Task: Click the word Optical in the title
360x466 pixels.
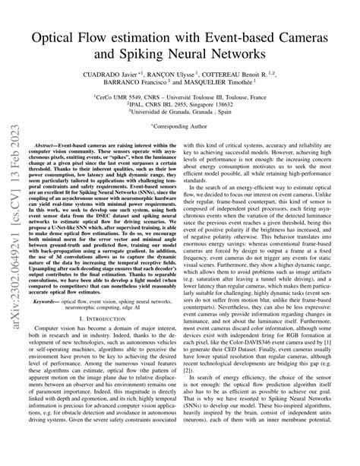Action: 64,36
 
